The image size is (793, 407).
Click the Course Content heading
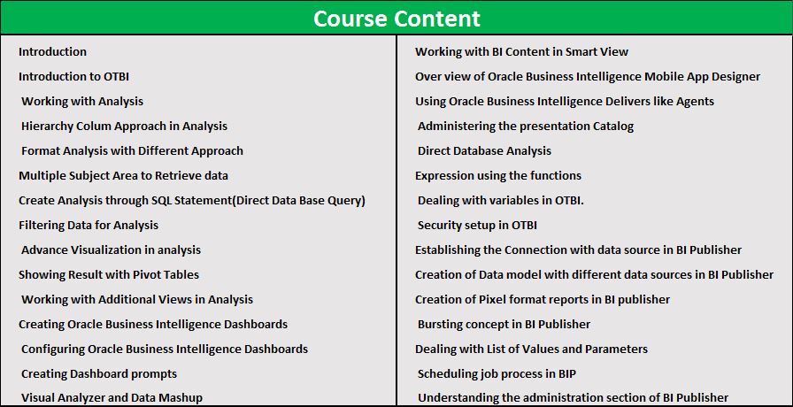396,19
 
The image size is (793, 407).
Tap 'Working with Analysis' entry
82,101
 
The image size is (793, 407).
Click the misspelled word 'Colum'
96,126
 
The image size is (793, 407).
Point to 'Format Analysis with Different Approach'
132,150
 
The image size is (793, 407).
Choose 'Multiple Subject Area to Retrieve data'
123,175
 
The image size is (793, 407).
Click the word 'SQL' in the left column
162,200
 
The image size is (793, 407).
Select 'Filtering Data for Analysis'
89,225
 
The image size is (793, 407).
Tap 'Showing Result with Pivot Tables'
109,274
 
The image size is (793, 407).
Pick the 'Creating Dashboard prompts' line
99,373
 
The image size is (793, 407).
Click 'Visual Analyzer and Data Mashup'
112,398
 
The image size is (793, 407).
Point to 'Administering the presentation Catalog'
526,126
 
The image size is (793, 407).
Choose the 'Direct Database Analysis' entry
484,150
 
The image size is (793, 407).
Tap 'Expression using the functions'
498,175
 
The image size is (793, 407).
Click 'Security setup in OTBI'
477,225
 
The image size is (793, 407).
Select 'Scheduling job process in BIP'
497,373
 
